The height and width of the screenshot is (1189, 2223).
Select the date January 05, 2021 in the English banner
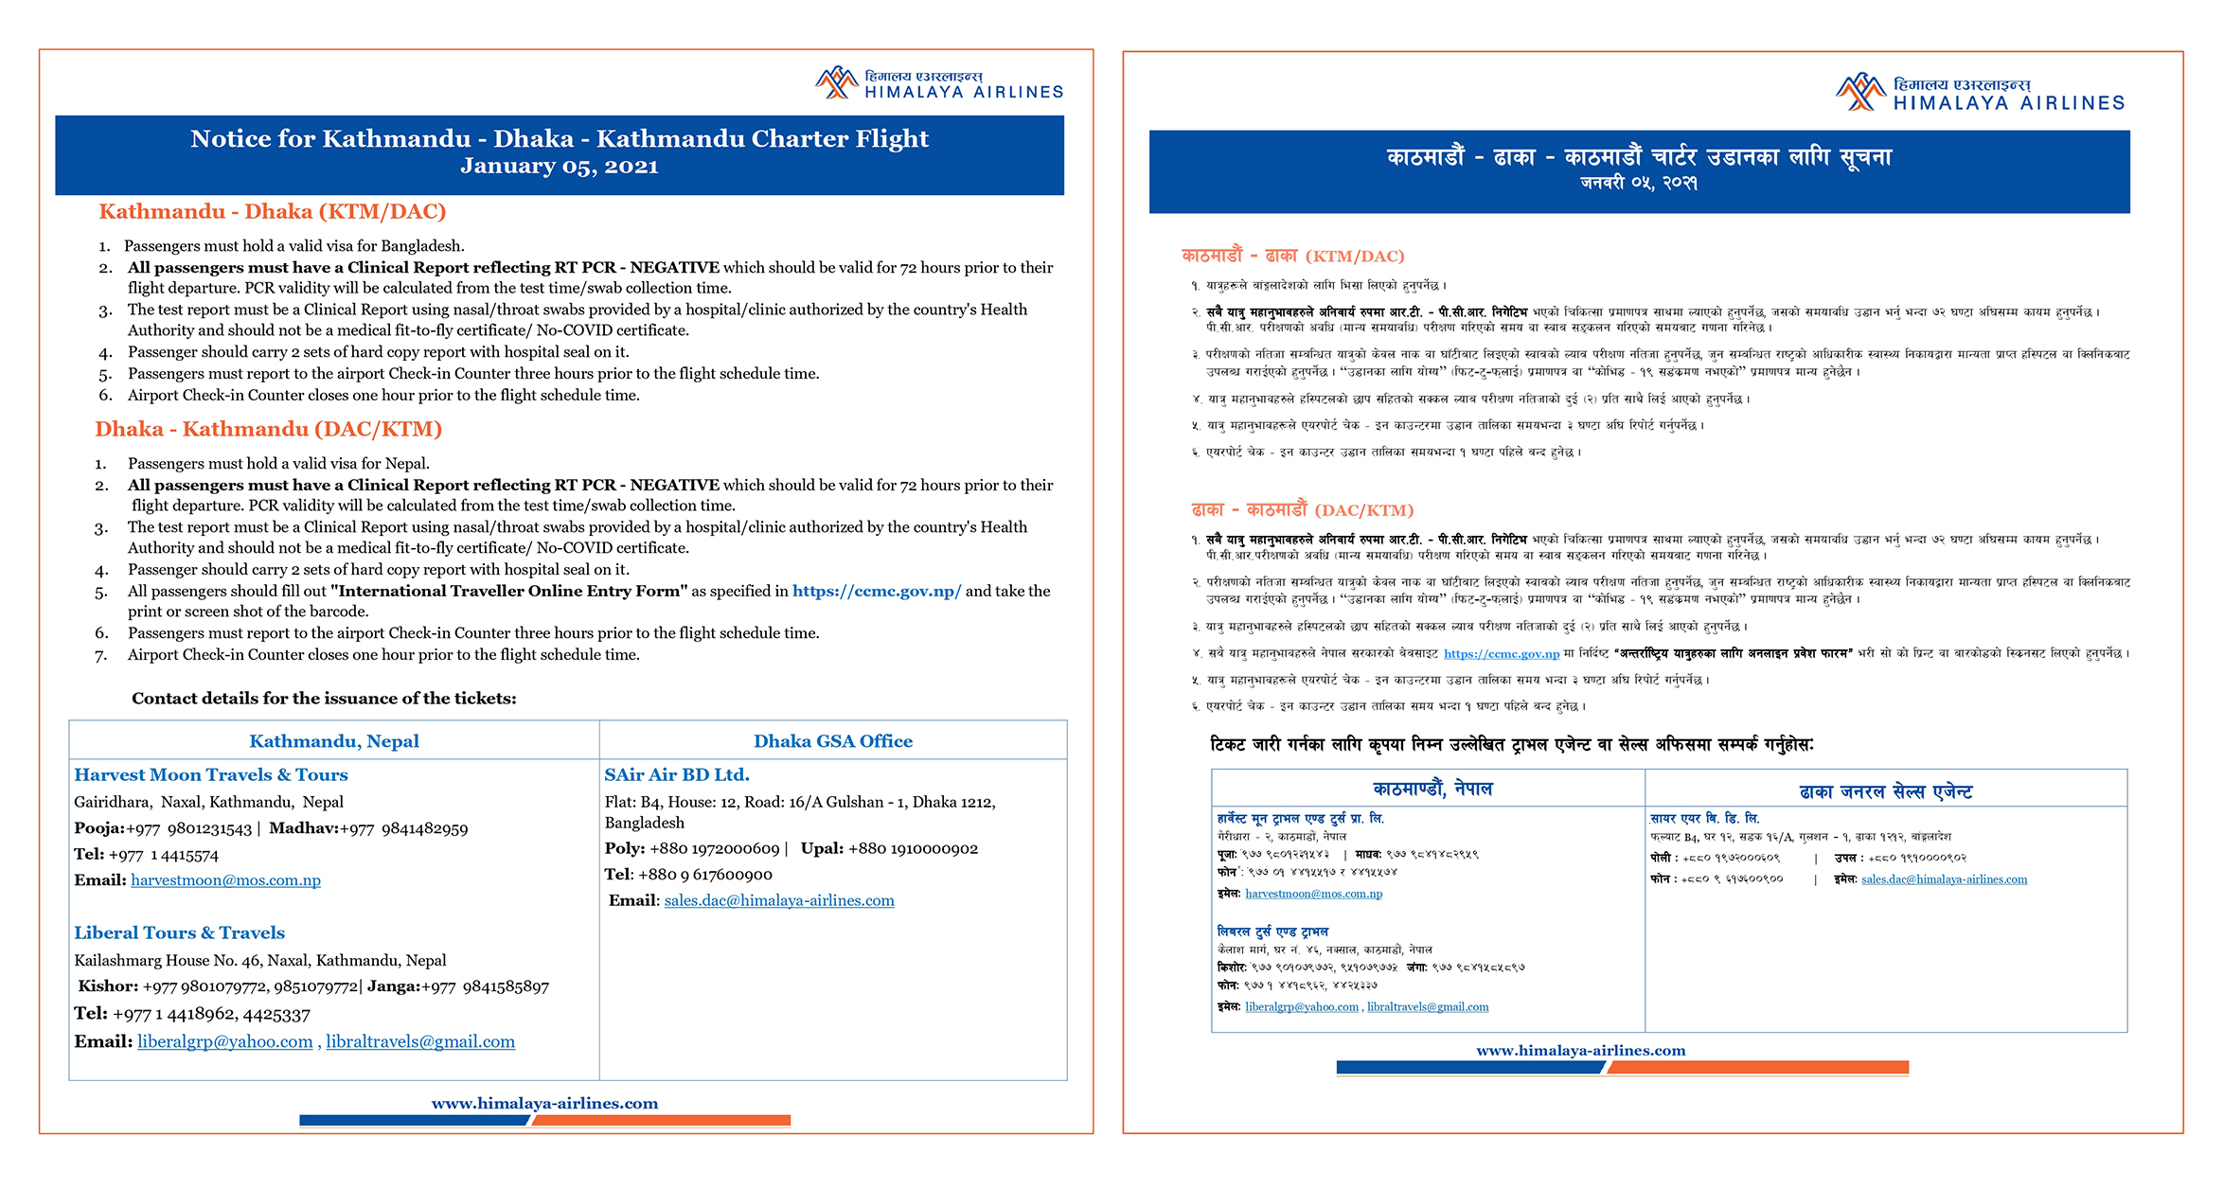(559, 167)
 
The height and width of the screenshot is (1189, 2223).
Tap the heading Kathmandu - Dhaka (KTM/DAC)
(273, 211)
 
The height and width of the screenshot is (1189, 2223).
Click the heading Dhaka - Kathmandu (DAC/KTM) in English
(269, 429)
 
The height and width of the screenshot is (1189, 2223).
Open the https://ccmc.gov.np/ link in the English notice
(877, 591)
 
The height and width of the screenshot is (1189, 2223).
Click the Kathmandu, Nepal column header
(334, 741)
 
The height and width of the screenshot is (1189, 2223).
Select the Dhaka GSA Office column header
(833, 741)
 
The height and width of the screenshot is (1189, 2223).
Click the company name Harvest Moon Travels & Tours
(211, 774)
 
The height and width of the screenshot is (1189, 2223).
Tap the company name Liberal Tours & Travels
(180, 932)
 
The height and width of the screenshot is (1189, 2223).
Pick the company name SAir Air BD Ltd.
(677, 774)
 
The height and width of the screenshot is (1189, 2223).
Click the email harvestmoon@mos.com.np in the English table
(225, 880)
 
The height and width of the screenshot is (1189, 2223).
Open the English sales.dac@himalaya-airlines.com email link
(779, 900)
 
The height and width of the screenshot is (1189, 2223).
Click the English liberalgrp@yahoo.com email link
(225, 1041)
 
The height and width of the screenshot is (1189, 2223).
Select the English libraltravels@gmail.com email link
(420, 1041)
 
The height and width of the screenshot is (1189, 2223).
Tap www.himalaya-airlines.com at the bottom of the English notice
(544, 1103)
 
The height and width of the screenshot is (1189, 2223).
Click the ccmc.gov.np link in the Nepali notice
(1502, 653)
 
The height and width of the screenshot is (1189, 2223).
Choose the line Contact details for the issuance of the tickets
(324, 699)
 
